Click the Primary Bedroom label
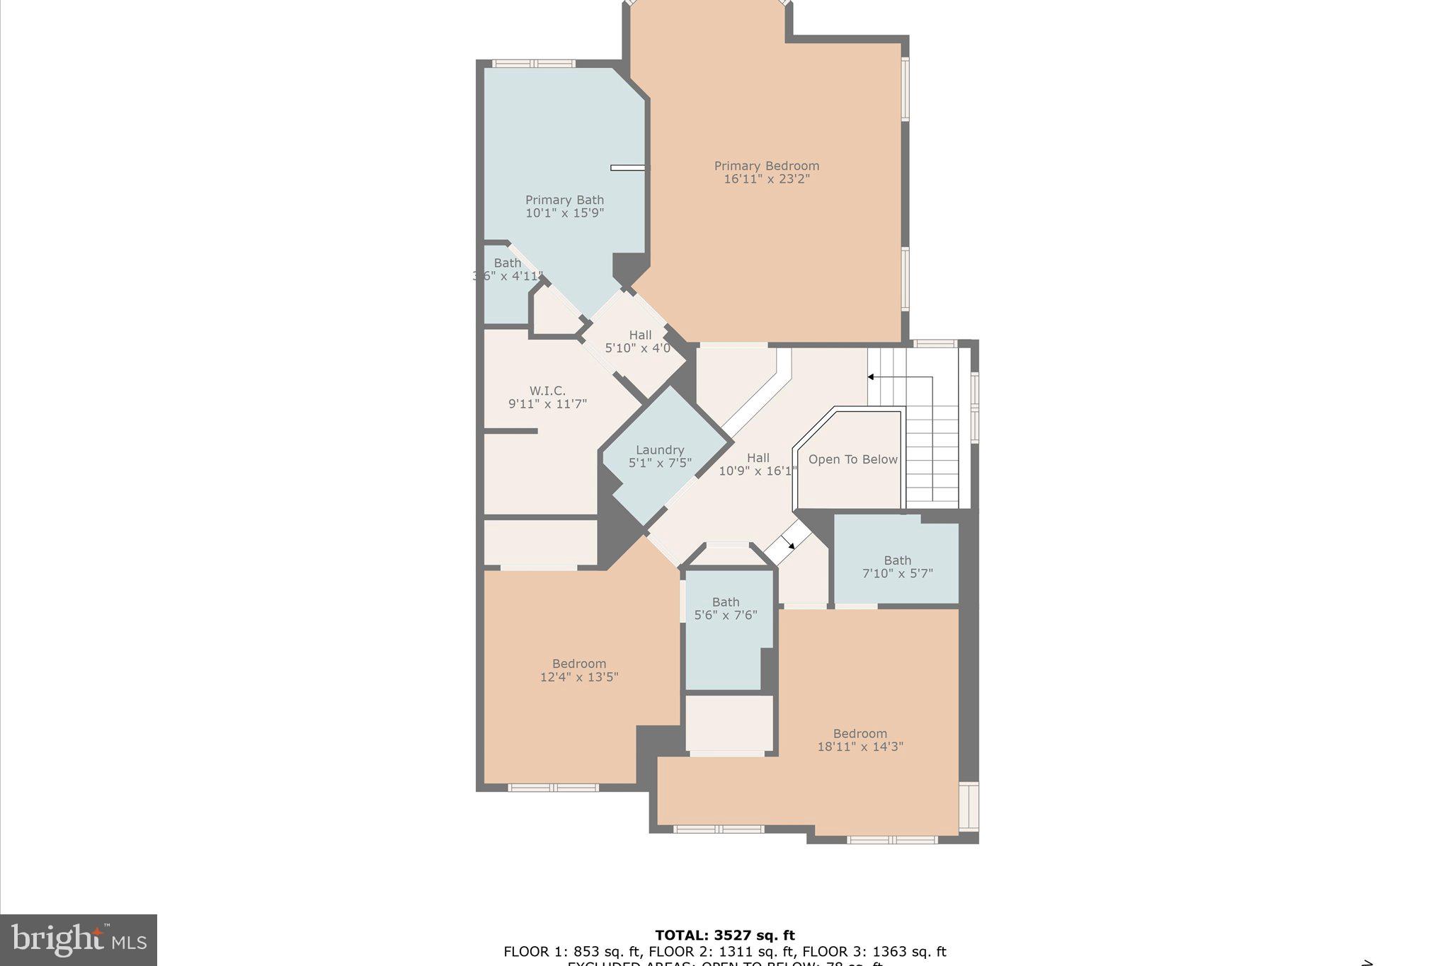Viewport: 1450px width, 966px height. (x=766, y=166)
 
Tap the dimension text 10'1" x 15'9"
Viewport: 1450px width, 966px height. (x=564, y=212)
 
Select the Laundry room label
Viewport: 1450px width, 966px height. (x=659, y=450)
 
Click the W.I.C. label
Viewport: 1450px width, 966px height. (x=547, y=391)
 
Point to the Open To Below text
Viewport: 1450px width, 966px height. (x=852, y=459)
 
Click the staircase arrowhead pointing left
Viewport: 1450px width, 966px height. (x=872, y=377)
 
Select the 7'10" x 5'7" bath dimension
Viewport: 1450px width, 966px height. (x=897, y=573)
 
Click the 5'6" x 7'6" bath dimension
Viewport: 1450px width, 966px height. (x=726, y=615)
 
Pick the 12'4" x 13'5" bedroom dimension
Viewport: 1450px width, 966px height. (x=579, y=677)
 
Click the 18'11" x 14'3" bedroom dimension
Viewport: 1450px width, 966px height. (x=860, y=746)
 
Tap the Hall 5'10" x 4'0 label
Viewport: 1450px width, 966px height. (x=639, y=342)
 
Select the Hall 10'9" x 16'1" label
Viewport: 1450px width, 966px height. (x=758, y=464)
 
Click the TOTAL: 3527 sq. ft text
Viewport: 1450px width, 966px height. (x=724, y=936)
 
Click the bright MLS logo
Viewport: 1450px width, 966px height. (x=79, y=940)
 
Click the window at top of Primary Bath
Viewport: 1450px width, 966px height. (x=533, y=64)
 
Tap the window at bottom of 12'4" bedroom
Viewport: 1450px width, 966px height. (x=553, y=788)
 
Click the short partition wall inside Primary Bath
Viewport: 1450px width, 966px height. (x=627, y=168)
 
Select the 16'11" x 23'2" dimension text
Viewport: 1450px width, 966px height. (x=766, y=179)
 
